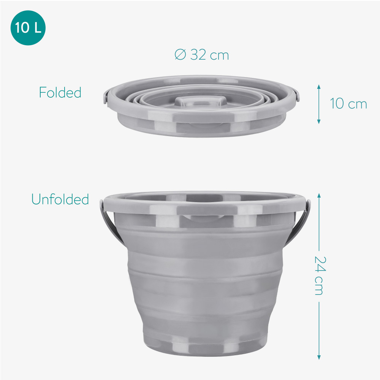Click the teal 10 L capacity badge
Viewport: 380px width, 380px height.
pos(28,28)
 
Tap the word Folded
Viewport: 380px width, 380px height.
pos(60,92)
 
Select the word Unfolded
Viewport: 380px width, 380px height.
pos(60,199)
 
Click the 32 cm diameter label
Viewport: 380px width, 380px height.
pos(202,54)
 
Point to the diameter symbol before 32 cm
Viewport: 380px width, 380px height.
pos(180,54)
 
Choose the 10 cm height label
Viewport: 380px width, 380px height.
pos(348,104)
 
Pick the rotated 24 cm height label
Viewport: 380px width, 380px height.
pos(320,275)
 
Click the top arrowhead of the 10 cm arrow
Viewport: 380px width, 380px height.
pos(319,87)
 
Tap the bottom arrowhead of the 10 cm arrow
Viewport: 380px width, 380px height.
pos(319,122)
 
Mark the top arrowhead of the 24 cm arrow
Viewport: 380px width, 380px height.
pos(319,195)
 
